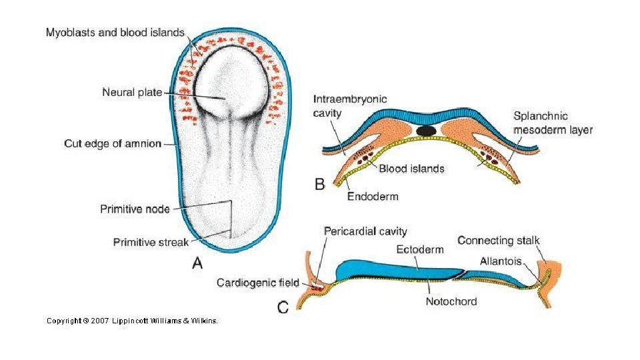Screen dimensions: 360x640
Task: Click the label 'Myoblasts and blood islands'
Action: point(115,33)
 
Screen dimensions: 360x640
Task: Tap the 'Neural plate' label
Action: point(132,93)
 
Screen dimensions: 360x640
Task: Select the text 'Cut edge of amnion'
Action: point(113,143)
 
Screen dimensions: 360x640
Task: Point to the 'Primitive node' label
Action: point(135,209)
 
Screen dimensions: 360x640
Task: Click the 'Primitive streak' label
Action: point(151,242)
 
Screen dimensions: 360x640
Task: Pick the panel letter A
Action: point(197,265)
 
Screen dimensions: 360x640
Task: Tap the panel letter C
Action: point(283,307)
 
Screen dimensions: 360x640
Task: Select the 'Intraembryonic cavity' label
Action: point(349,106)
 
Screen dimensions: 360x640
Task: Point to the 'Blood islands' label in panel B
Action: point(411,169)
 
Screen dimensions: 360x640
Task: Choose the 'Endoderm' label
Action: point(373,196)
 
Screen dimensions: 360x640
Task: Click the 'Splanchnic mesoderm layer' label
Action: point(553,122)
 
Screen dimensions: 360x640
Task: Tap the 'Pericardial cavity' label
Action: point(365,231)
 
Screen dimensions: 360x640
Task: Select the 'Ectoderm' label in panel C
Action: point(420,250)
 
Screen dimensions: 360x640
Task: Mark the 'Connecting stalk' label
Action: point(499,241)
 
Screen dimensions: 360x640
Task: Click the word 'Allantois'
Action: point(501,261)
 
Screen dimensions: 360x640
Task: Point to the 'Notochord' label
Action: point(451,301)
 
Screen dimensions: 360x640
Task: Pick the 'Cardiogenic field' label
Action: point(258,283)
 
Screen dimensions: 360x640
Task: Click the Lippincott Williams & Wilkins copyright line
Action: point(131,321)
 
